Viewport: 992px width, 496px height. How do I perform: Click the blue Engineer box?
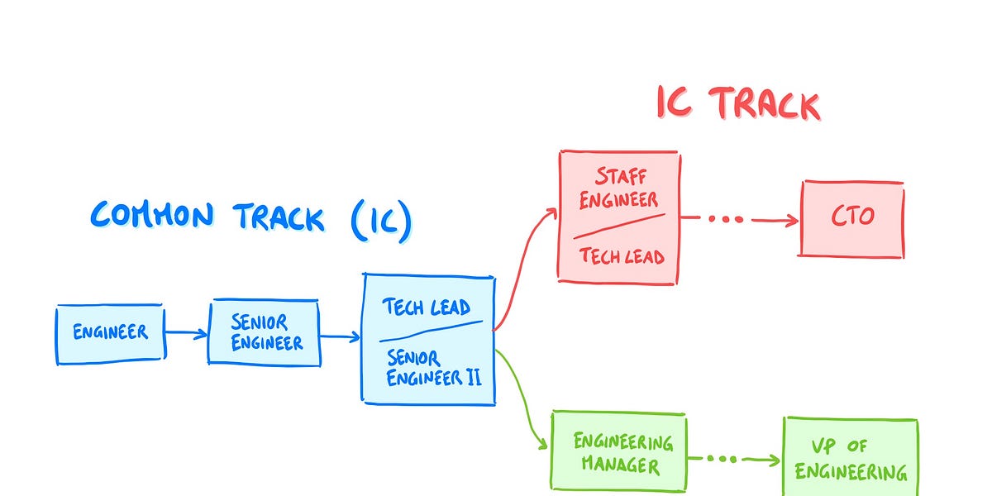(110, 332)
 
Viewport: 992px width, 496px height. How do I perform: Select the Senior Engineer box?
(264, 333)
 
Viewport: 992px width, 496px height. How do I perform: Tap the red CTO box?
(851, 218)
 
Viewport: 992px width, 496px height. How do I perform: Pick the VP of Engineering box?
(850, 459)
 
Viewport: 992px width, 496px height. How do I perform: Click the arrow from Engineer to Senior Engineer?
(186, 333)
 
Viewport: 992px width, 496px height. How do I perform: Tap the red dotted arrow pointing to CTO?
(740, 220)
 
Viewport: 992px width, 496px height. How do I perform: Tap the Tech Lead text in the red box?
(622, 255)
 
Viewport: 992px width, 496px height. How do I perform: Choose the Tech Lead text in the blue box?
(426, 308)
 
